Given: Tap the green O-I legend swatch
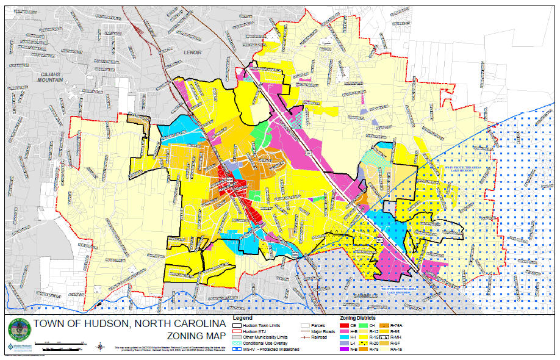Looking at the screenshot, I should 364,326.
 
